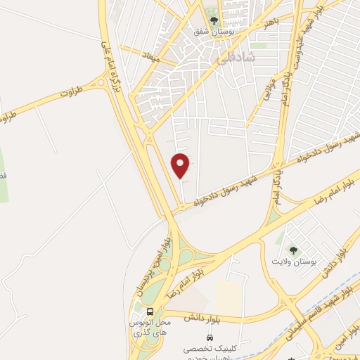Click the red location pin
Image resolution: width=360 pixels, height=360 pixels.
(x=181, y=165)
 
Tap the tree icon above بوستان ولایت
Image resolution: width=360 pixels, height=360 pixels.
(x=292, y=250)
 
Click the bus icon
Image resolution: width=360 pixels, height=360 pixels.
(x=149, y=311)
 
